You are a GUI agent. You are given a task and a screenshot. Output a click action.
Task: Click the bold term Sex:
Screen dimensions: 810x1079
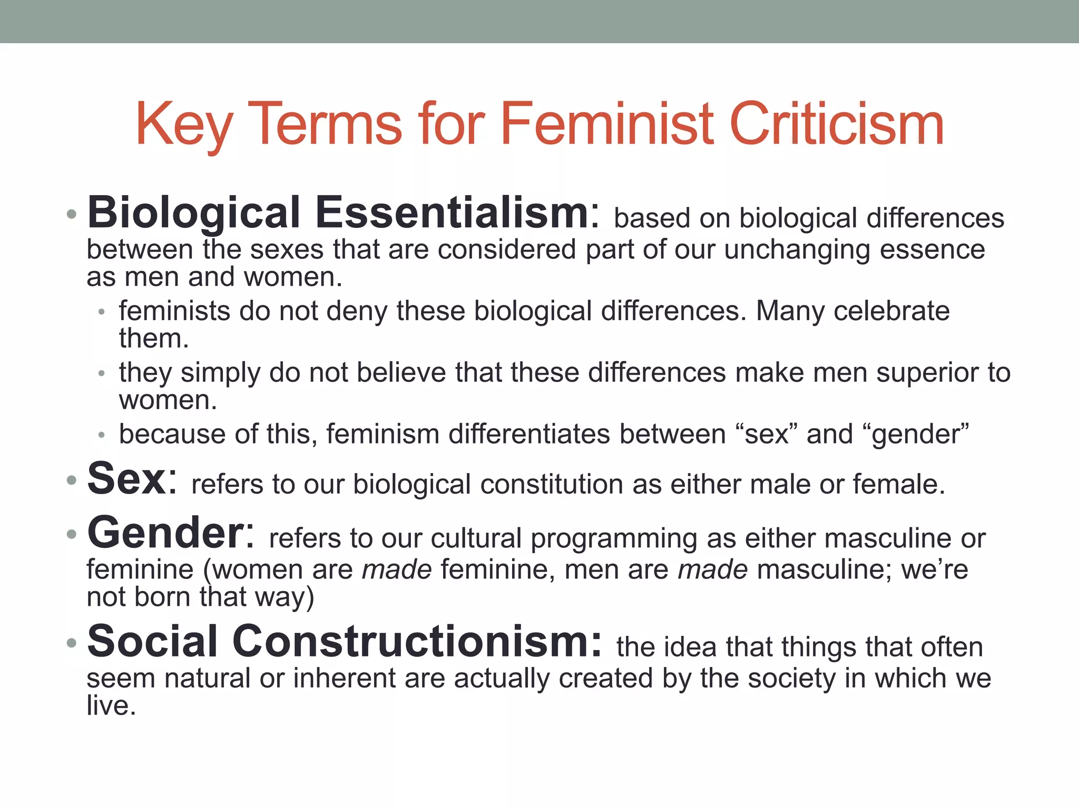coord(132,479)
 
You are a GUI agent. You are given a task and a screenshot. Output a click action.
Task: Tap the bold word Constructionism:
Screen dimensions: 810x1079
coord(417,641)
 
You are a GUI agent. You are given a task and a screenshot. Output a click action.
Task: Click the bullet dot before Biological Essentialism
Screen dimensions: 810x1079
coord(72,215)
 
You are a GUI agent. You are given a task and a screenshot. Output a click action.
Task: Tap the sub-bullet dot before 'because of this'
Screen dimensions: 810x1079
coord(102,436)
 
